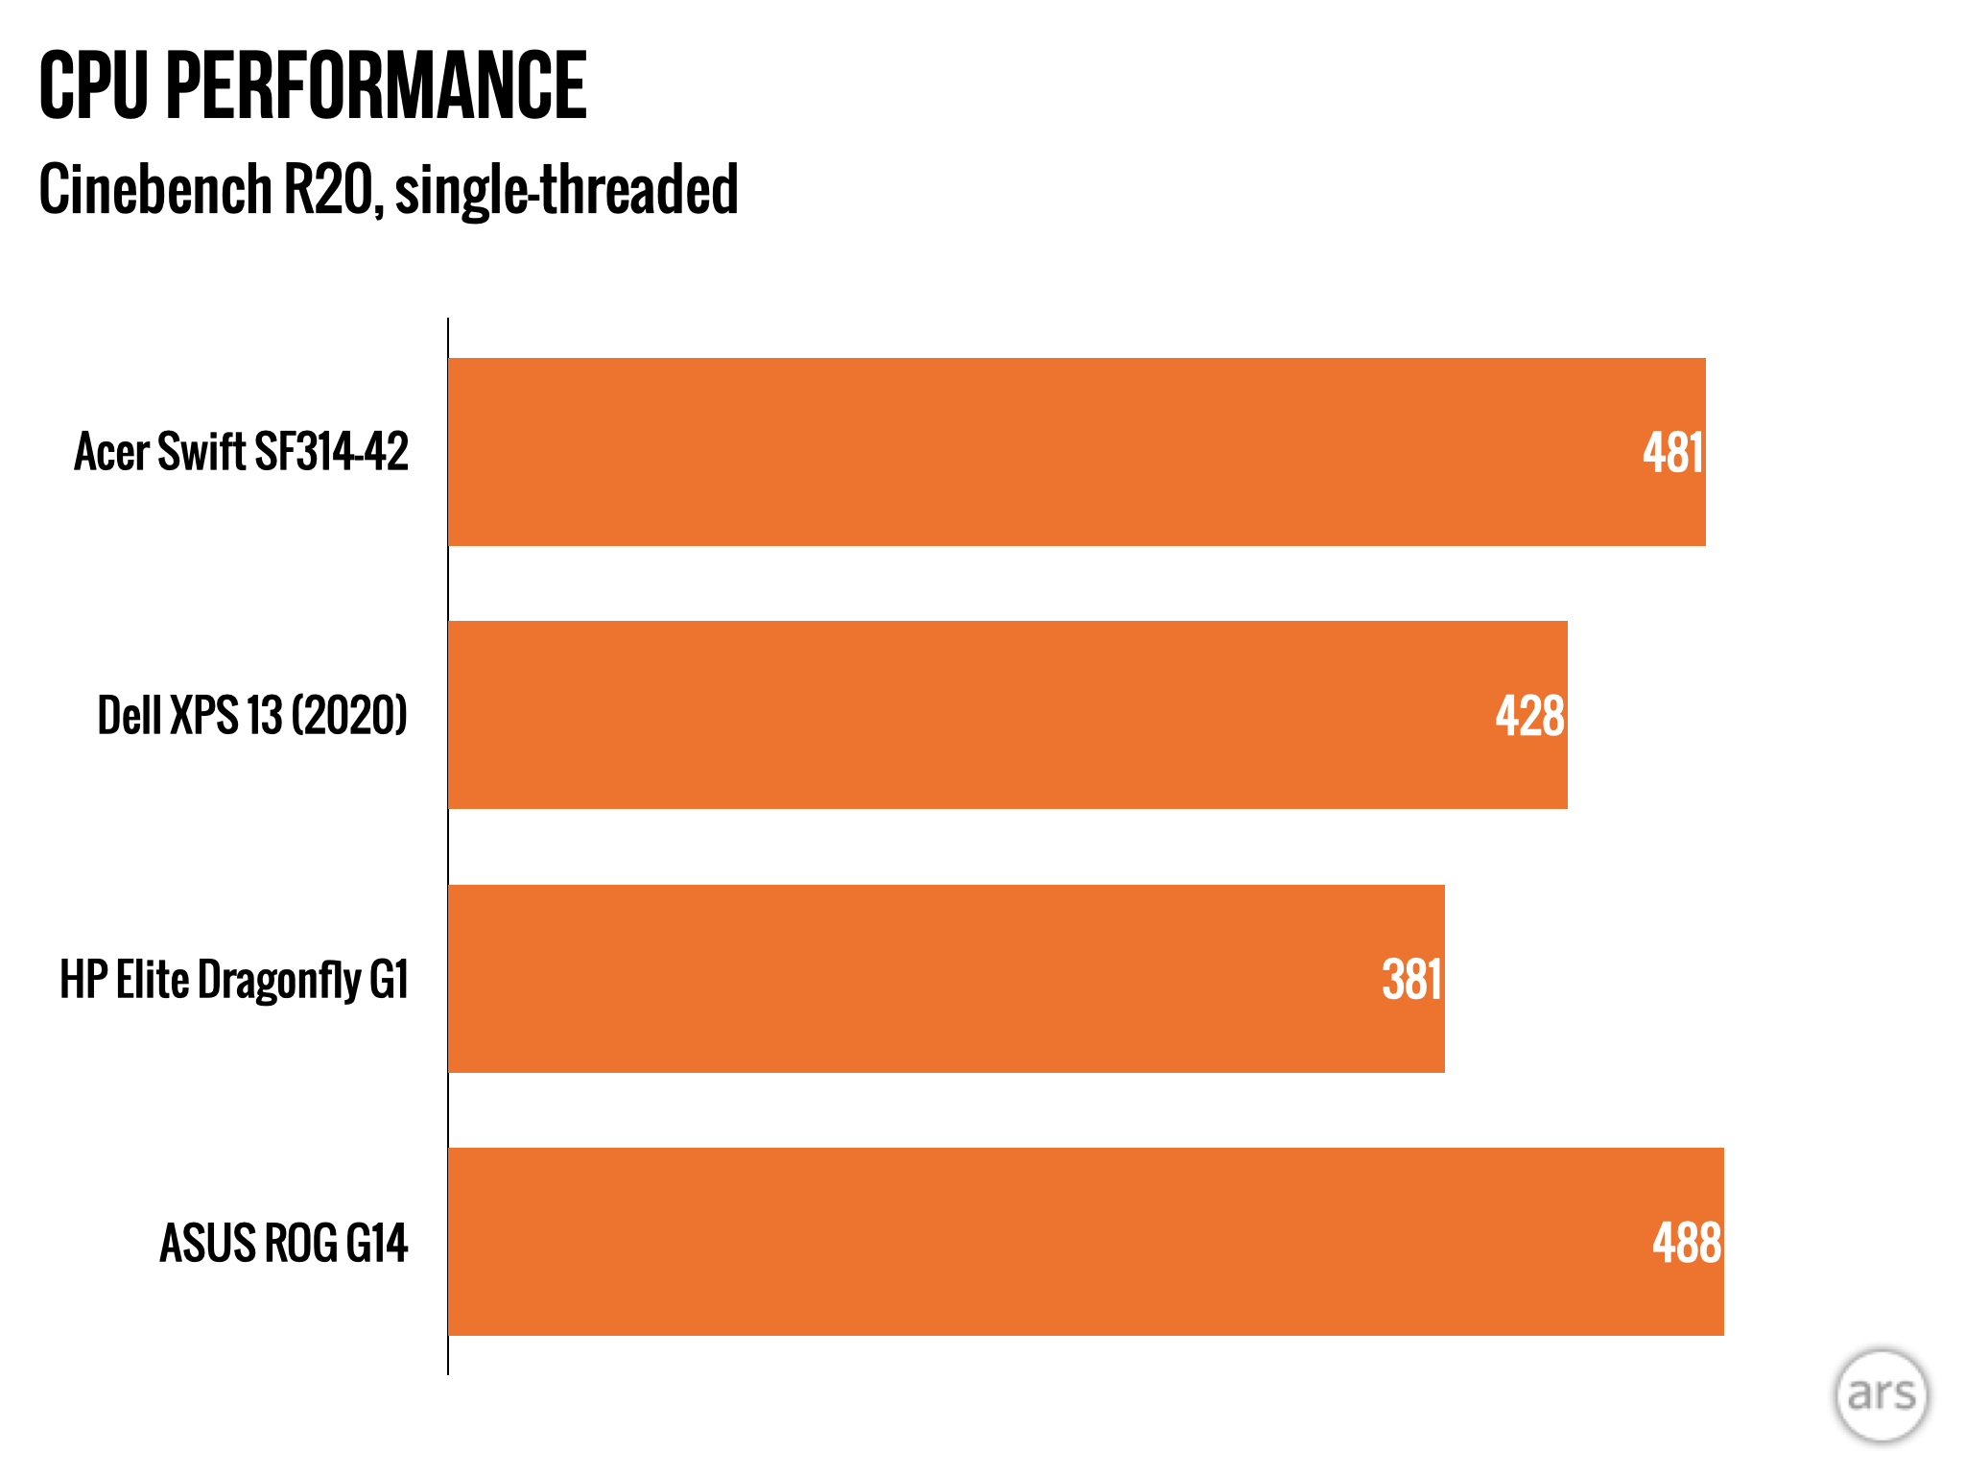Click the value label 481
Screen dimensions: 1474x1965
[x=1672, y=453]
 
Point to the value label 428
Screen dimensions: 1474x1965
[x=1529, y=716]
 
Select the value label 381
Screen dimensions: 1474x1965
[x=1411, y=980]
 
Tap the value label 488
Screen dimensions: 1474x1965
[x=1687, y=1243]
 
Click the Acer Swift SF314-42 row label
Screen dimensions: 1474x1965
[x=241, y=452]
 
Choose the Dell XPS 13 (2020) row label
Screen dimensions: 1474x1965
[x=252, y=716]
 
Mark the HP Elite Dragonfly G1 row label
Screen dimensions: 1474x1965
[x=234, y=980]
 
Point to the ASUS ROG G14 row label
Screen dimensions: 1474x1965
[x=283, y=1243]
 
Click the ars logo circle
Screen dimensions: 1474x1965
[x=1881, y=1395]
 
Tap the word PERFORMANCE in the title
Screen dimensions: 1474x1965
[x=375, y=86]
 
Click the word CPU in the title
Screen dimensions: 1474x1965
[x=93, y=86]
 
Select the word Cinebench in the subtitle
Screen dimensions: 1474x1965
[x=155, y=189]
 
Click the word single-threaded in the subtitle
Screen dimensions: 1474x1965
[x=566, y=189]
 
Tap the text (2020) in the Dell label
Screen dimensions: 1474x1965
[x=349, y=716]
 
